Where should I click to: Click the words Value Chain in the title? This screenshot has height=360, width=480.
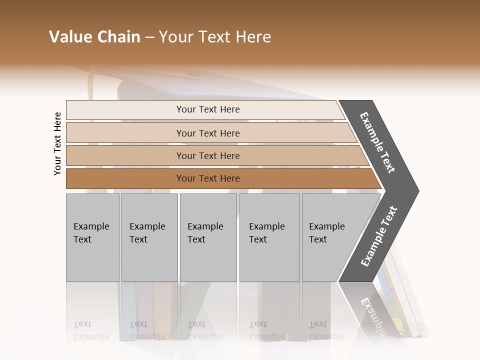[x=94, y=37]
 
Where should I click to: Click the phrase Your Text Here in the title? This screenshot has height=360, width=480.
[x=215, y=37]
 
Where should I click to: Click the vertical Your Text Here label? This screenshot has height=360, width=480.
[x=57, y=143]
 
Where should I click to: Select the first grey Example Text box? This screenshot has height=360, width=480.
[x=92, y=237]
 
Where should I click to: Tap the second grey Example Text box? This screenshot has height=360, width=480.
[x=149, y=237]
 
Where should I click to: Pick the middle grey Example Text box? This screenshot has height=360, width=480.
[x=208, y=237]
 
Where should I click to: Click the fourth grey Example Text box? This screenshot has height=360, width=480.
[x=269, y=237]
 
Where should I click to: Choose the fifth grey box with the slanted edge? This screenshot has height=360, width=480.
[x=332, y=237]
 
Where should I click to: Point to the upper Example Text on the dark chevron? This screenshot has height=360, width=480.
[x=377, y=142]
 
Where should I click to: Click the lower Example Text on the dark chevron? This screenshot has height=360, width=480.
[x=379, y=236]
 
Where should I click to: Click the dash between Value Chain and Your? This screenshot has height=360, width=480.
[x=149, y=37]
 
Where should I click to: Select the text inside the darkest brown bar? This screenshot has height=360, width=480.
[x=208, y=178]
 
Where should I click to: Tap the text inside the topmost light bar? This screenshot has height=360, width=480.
[x=208, y=109]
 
